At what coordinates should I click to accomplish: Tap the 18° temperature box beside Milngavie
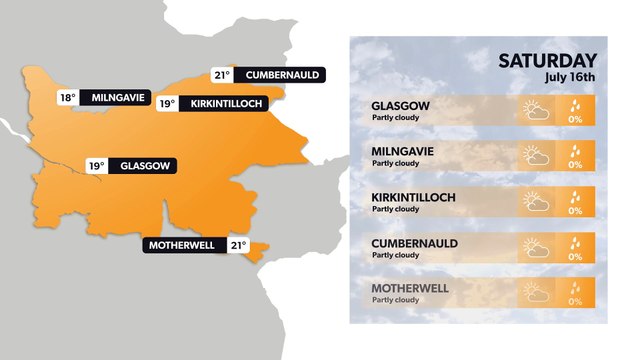pos(68,98)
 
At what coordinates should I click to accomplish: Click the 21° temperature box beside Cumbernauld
pos(222,75)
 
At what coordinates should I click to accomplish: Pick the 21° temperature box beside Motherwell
pos(239,245)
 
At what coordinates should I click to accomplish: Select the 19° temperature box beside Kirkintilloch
pos(168,103)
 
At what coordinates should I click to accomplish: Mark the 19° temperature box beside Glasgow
pos(96,166)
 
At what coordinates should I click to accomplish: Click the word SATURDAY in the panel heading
pos(547,61)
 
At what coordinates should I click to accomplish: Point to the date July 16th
pos(570,77)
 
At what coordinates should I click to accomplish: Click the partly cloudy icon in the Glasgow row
pos(537,110)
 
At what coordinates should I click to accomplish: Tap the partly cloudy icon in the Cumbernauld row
pos(537,248)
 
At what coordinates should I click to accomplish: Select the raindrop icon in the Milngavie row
pos(575,150)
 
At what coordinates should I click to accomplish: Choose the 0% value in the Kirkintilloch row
pos(575,211)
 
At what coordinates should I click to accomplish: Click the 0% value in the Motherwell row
pos(575,302)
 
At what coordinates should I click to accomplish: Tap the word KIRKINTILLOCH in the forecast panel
pos(413,197)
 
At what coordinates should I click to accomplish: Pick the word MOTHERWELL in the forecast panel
pos(409,289)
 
